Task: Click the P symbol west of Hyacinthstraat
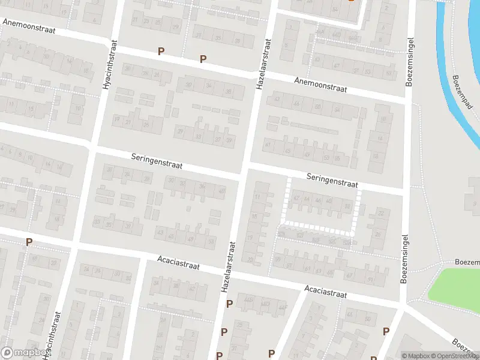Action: [x=29, y=242]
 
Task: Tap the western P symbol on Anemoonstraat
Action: [x=160, y=52]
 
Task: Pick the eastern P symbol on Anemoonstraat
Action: [x=203, y=59]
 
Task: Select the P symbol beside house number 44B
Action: [x=229, y=304]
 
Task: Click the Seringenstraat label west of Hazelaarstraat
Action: [x=157, y=160]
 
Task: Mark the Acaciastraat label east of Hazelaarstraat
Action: [x=326, y=292]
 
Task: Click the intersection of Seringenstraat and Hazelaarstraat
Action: [x=244, y=169]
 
